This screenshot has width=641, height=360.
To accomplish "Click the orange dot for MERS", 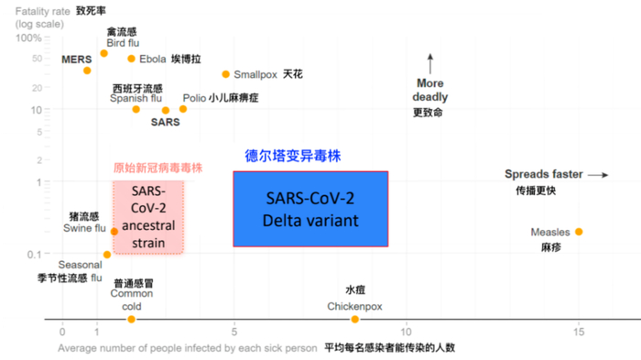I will [87, 71].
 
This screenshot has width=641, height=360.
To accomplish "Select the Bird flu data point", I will [103, 53].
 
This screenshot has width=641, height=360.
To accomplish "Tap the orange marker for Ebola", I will [131, 59].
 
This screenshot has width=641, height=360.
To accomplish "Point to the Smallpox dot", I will [226, 74].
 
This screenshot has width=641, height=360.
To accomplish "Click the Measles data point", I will [579, 232].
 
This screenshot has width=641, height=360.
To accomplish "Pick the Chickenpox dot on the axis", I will [355, 319].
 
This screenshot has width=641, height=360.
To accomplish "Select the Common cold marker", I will [131, 319].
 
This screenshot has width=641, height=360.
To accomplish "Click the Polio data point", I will [183, 109].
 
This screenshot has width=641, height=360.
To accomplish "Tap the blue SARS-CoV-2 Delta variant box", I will [310, 209].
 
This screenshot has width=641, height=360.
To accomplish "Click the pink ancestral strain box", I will [148, 216].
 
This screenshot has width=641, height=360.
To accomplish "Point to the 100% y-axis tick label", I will [28, 38].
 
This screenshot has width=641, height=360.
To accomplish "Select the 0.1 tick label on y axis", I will [34, 254].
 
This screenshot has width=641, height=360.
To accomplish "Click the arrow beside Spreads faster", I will [597, 174].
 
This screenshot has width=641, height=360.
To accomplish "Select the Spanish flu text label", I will [136, 98].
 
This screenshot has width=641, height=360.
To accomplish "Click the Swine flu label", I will [84, 227].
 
